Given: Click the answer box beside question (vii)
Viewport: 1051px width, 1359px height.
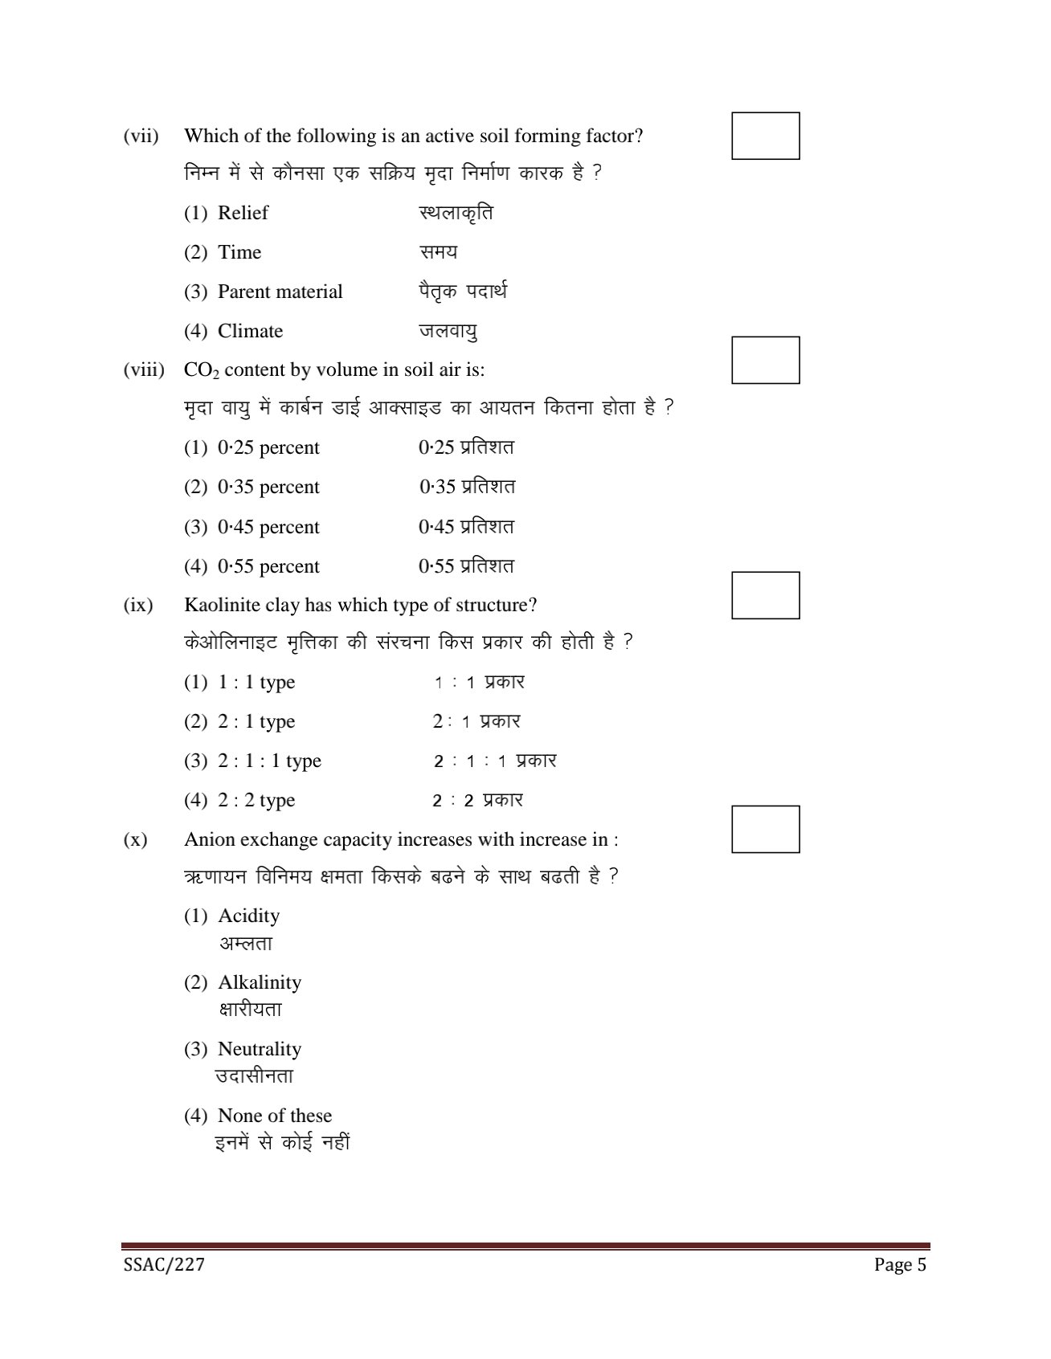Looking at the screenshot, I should [x=765, y=136].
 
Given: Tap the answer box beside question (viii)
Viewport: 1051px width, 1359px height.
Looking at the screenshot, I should [x=765, y=360].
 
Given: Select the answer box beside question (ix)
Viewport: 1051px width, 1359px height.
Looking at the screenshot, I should [x=765, y=595].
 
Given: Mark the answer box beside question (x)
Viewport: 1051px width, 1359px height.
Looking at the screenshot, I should [x=765, y=829].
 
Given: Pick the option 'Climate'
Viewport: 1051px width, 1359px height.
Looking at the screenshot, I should [x=250, y=331].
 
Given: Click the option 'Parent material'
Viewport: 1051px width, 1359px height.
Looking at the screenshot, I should [x=280, y=292].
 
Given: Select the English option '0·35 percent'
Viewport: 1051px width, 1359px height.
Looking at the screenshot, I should [x=268, y=487].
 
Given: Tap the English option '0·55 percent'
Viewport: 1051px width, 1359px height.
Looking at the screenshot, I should [x=268, y=566].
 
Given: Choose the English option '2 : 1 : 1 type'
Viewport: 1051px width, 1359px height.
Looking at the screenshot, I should [x=269, y=761].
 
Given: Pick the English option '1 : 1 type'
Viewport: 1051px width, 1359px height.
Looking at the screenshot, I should [x=256, y=682].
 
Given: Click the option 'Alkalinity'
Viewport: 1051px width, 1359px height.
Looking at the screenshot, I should [x=260, y=982].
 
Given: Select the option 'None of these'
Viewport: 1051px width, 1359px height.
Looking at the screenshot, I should [x=274, y=1116].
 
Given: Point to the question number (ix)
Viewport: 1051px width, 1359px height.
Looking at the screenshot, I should [x=138, y=605].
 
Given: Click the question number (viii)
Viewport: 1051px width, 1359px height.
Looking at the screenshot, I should [x=144, y=369].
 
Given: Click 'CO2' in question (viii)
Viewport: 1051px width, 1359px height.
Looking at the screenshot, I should [x=201, y=370].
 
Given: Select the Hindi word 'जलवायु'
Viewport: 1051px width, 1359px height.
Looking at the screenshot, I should [x=448, y=331].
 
